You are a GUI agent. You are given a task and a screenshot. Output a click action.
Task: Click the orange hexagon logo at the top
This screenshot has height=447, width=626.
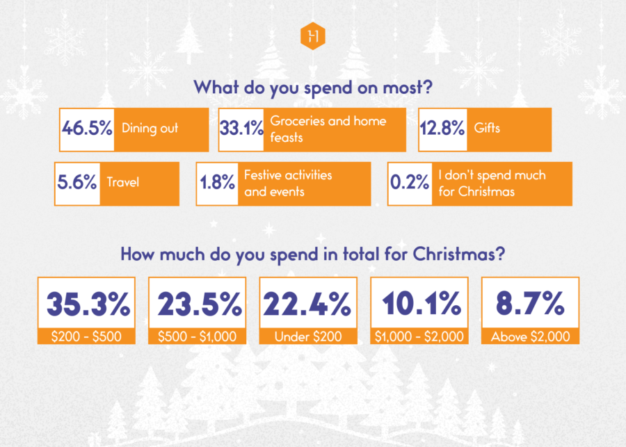tap(312, 37)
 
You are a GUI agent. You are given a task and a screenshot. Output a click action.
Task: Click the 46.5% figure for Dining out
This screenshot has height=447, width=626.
tap(87, 129)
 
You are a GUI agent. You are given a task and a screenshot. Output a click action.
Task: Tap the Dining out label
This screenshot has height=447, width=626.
tap(150, 129)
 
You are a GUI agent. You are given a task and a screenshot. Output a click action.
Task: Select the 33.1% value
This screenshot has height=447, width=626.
tap(241, 129)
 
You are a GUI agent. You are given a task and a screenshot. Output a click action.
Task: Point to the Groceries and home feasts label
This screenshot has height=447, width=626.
tap(328, 129)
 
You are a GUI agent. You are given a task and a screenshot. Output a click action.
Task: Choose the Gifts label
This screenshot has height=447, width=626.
tap(487, 129)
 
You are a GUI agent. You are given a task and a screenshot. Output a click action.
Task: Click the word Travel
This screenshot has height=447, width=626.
tap(123, 183)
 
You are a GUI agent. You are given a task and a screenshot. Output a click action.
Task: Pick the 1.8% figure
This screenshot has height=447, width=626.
tap(218, 183)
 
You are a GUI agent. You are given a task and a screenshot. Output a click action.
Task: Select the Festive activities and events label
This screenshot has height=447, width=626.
tap(288, 183)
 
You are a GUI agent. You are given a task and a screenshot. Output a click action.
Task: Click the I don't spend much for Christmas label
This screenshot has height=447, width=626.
tap(492, 183)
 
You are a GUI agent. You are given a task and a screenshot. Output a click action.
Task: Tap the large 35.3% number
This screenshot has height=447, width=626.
tap(87, 304)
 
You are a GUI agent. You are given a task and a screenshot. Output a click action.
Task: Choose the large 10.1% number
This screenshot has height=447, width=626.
tap(419, 304)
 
